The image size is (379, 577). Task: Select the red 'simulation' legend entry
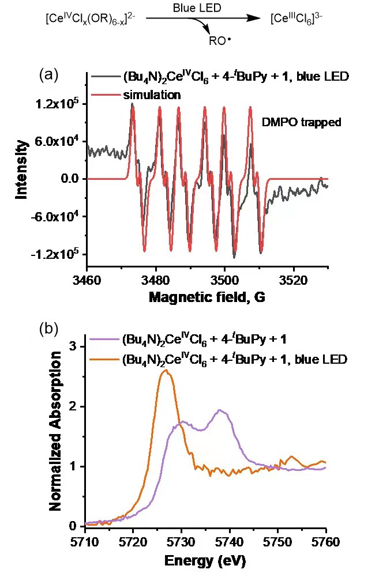[152, 95]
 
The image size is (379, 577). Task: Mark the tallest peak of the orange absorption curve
[166, 371]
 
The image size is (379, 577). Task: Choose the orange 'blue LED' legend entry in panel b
[233, 360]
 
